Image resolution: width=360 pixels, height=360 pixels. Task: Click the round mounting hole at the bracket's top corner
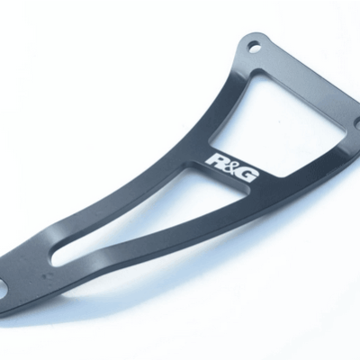pyautogui.click(x=255, y=47)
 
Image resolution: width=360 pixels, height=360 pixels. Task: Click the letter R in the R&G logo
pyautogui.click(x=213, y=158)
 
